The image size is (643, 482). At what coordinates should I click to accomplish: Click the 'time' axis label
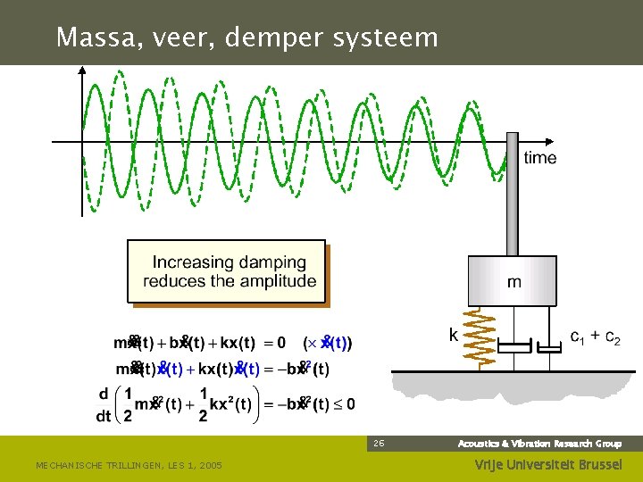539,158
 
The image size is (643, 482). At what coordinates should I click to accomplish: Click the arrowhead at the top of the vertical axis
83,71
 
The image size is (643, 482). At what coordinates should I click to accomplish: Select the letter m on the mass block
514,282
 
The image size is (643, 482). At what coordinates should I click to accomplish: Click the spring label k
454,336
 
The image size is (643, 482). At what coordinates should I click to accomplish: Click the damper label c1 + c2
596,337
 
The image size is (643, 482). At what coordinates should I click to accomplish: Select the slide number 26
380,443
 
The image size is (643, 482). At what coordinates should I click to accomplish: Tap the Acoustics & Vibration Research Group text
539,443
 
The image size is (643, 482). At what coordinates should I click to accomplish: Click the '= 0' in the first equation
275,343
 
